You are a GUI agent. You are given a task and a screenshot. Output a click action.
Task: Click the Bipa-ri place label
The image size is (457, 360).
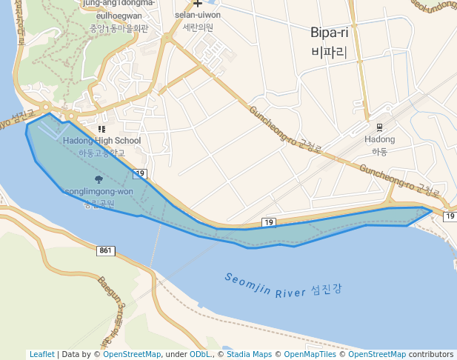click(x=330, y=33)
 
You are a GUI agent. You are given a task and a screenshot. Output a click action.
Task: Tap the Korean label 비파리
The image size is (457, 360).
click(x=330, y=52)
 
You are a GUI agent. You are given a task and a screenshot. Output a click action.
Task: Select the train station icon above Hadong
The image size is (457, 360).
click(x=379, y=127)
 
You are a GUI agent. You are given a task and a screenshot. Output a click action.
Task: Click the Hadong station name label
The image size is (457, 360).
click(x=380, y=139)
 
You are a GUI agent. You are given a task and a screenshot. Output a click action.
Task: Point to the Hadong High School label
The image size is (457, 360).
click(x=101, y=141)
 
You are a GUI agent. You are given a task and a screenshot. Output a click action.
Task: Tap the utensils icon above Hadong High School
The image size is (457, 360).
click(x=101, y=129)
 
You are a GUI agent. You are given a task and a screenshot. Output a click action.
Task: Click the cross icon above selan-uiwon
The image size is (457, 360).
click(x=198, y=4)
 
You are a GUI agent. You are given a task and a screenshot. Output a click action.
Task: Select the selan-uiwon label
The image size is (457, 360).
click(x=198, y=15)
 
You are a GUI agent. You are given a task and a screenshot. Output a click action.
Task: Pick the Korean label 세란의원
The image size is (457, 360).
click(x=198, y=27)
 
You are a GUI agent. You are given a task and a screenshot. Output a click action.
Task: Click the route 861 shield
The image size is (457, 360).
click(x=105, y=251)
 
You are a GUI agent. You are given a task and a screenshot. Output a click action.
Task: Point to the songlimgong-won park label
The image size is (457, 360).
click(x=99, y=192)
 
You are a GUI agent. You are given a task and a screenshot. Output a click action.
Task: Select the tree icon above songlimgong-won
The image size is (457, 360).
click(x=99, y=179)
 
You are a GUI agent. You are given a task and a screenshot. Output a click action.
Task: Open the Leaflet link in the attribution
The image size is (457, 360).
click(x=41, y=354)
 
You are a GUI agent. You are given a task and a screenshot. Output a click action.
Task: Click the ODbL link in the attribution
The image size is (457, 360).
click(x=199, y=354)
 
